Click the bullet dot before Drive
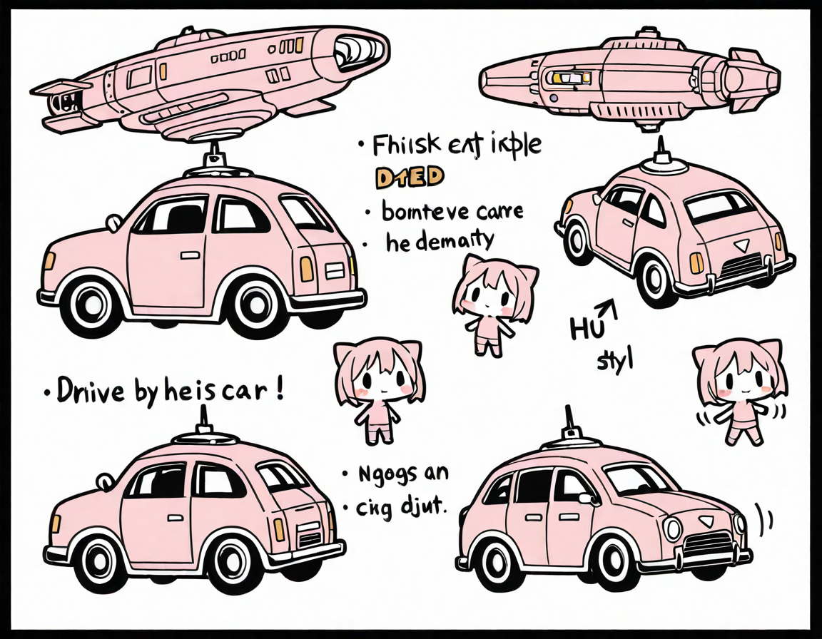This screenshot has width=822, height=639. [47, 393]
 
